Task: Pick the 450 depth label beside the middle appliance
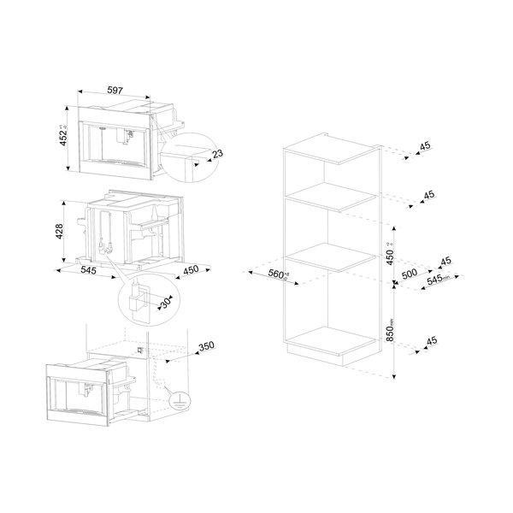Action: pyautogui.click(x=190, y=270)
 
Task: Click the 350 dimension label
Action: pyautogui.click(x=205, y=347)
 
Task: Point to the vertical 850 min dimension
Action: pyautogui.click(x=388, y=329)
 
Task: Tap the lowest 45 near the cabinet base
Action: pyautogui.click(x=433, y=341)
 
